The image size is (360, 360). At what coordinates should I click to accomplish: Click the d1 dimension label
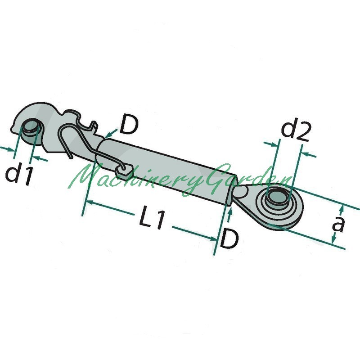[19, 175]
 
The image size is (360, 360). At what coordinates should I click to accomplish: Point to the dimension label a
[338, 224]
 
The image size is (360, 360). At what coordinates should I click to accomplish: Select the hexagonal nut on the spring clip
[124, 171]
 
